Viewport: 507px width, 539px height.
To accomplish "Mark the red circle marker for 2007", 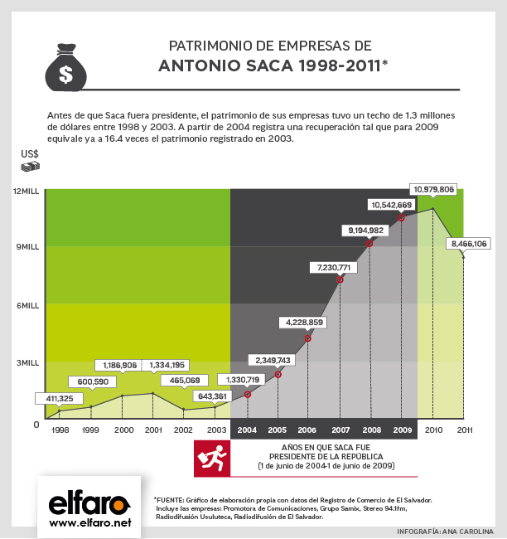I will pyautogui.click(x=340, y=279).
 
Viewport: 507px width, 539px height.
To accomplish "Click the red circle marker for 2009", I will pyautogui.click(x=401, y=218).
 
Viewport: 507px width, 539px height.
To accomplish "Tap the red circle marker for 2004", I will pyautogui.click(x=248, y=394).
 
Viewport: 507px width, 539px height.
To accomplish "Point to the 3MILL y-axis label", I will pyautogui.click(x=28, y=362).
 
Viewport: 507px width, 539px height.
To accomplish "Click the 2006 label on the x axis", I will pyautogui.click(x=307, y=430).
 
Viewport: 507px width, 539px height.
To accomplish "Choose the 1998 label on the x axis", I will pyautogui.click(x=60, y=430).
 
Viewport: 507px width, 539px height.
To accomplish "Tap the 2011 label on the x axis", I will pyautogui.click(x=464, y=430).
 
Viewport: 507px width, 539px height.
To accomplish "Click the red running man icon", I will pyautogui.click(x=211, y=459).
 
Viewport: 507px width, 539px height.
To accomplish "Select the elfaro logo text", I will pyautogui.click(x=89, y=503).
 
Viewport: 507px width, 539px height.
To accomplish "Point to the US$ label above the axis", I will pyautogui.click(x=30, y=153).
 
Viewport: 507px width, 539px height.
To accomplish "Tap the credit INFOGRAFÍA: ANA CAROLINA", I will pyautogui.click(x=445, y=531).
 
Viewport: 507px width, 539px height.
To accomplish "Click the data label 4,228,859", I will pyautogui.click(x=304, y=321).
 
